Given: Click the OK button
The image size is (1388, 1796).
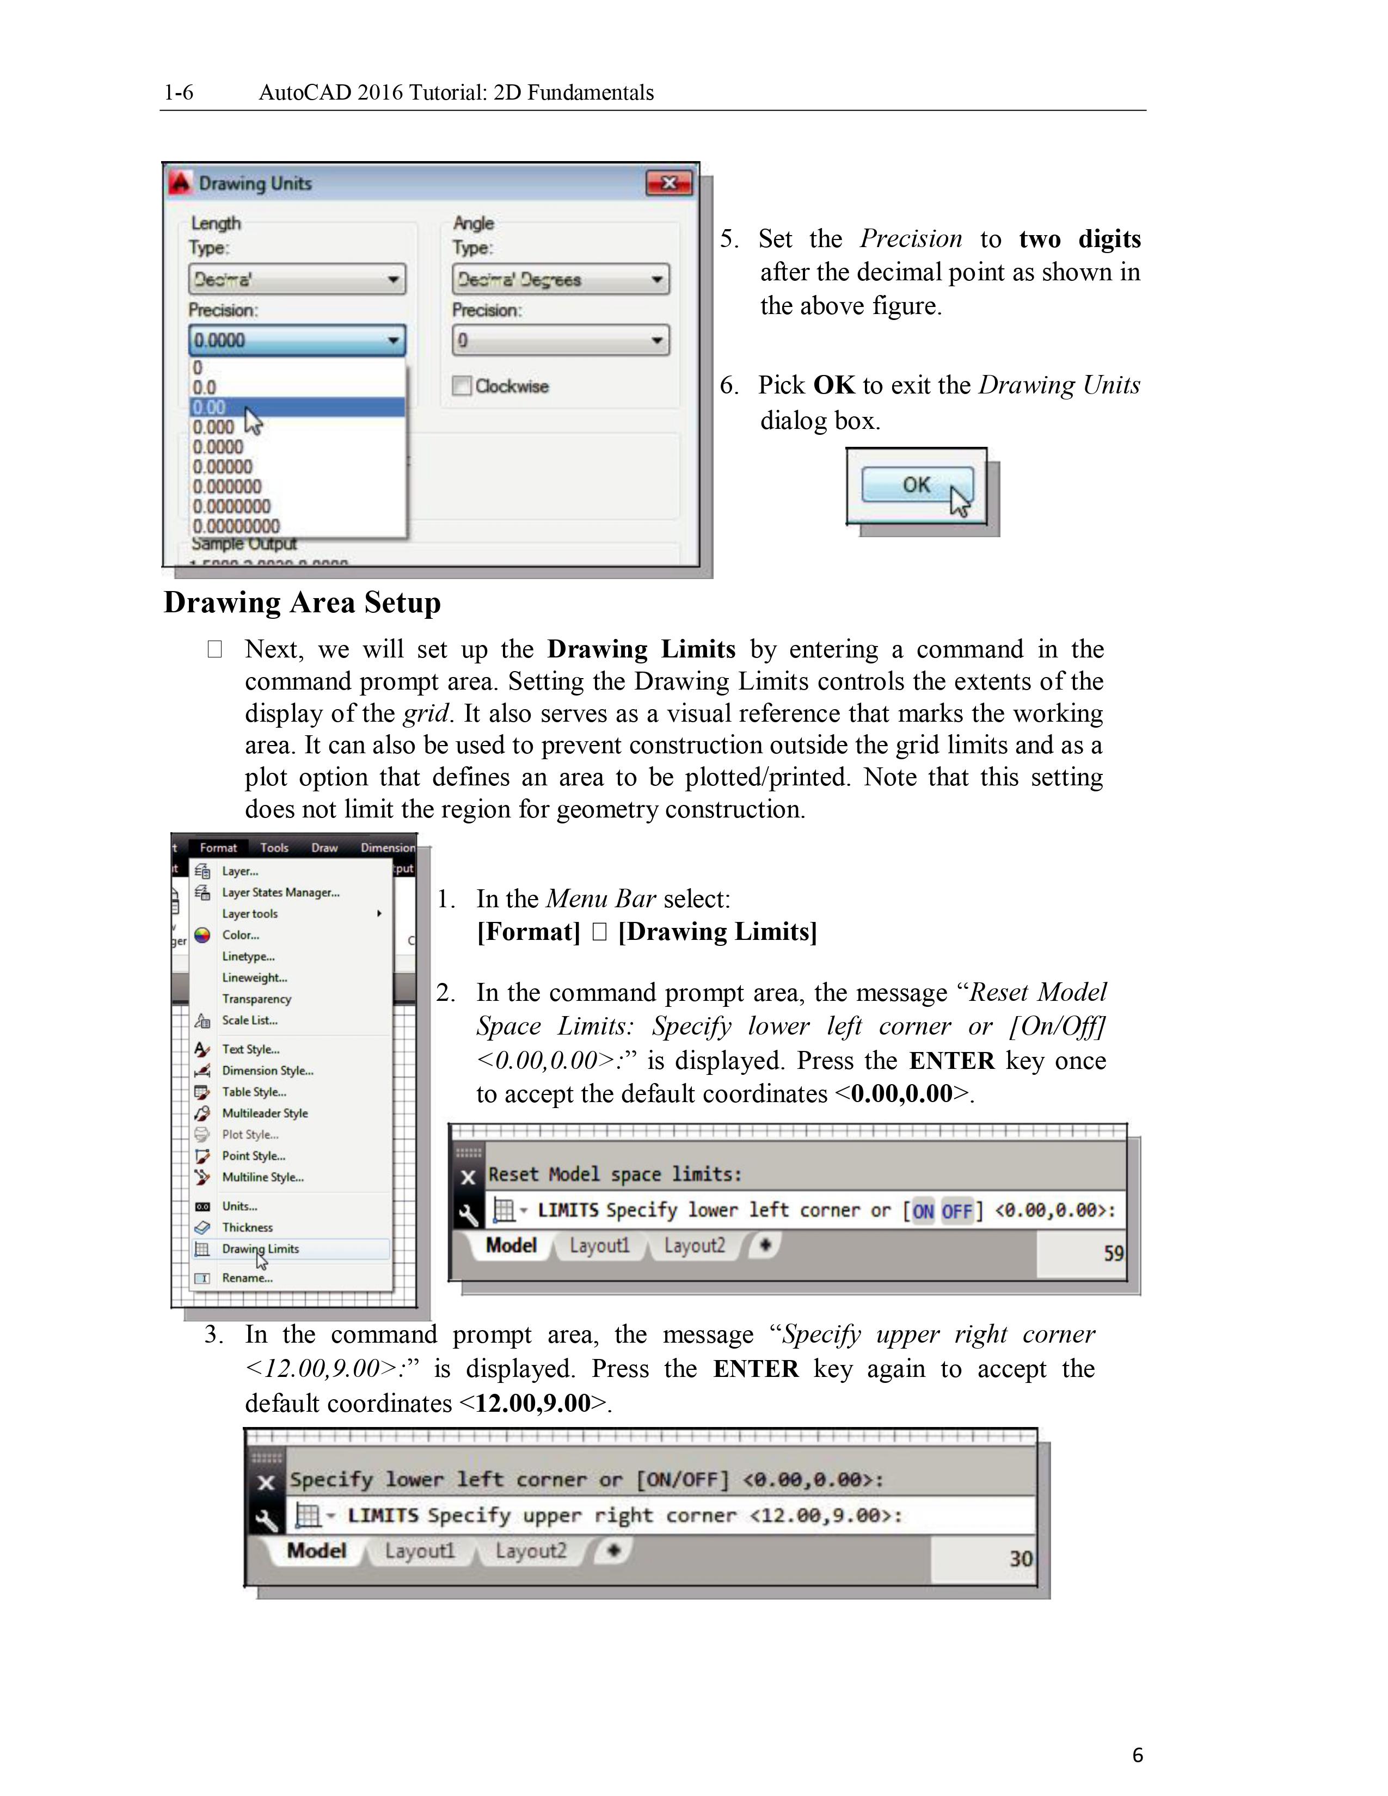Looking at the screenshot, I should pos(916,484).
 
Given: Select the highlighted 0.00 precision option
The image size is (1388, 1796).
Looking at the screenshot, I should pos(296,407).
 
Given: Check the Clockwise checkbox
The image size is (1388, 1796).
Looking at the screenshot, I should pos(462,386).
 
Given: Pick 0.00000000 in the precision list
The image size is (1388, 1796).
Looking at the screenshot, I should pos(237,526).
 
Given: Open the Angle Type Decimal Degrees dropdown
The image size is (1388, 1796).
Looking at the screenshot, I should pos(560,280).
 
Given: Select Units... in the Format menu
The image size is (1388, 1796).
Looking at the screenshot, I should pos(239,1205).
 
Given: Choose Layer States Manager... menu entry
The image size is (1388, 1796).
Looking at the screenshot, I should pos(280,892).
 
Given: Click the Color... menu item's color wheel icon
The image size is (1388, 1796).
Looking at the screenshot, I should pos(202,935).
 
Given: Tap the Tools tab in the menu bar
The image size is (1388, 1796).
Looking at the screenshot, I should pos(274,847).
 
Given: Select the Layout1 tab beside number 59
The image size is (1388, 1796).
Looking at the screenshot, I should pos(599,1245).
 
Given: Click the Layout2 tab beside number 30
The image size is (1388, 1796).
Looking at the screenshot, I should pos(530,1551).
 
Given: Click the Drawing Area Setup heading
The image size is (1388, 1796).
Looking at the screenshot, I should pos(302,602).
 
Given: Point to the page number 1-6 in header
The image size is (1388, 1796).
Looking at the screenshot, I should pos(179,92).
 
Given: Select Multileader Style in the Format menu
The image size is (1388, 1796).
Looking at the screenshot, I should pos(265,1112).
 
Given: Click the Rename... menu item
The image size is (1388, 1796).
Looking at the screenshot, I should pos(247,1278).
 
